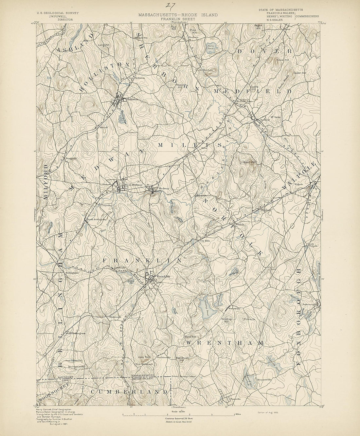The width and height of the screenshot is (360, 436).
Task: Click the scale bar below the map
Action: pos(179,414)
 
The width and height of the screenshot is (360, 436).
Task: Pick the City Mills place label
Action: pos(205,241)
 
